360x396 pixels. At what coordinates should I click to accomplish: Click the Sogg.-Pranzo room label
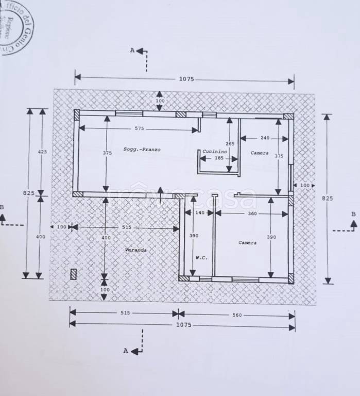[x=142, y=150]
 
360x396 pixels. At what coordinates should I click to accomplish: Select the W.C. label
[x=201, y=258]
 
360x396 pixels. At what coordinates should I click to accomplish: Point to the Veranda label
[x=136, y=250]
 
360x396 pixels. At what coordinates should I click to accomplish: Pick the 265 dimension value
[x=230, y=143]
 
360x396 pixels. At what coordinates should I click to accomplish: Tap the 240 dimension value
[x=265, y=138]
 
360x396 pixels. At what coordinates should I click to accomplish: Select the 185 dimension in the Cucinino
[x=219, y=158]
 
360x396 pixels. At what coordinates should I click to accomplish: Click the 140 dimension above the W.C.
[x=200, y=213]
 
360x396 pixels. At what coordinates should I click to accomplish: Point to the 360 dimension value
[x=252, y=213]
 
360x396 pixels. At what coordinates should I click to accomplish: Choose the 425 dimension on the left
[x=42, y=152]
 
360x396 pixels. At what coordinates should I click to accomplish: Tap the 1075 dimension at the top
[x=186, y=79]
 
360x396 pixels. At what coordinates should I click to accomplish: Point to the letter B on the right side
[x=353, y=214]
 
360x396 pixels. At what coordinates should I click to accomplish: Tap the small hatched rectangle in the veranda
[x=74, y=274]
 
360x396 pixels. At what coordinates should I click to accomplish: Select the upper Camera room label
[x=260, y=153]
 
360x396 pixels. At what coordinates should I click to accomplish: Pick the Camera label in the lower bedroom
[x=247, y=242]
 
